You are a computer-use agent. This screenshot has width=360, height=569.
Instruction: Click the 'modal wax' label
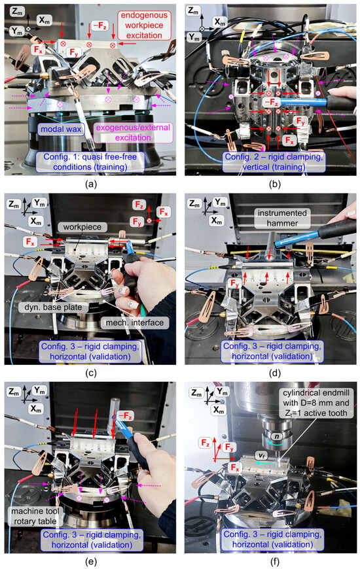point(61,129)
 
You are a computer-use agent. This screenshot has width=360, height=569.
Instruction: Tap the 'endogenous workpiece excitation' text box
point(144,25)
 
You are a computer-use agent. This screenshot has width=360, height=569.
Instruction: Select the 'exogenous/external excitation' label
point(133,133)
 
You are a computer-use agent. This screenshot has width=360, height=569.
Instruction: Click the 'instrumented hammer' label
point(282,218)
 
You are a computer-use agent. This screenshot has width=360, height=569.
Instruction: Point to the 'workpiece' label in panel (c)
point(82,227)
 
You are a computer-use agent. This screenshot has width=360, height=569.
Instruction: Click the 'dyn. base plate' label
point(54,307)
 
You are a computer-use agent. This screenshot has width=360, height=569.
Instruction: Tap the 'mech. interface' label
point(135,322)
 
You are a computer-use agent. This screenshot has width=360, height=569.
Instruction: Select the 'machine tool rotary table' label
point(35,516)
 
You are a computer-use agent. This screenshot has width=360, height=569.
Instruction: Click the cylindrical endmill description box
point(316,403)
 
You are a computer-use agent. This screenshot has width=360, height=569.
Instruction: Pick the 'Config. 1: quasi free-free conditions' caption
point(90,162)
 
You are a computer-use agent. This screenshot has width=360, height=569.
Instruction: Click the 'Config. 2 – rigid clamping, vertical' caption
point(274,162)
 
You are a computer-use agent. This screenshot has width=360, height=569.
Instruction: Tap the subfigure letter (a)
point(90,184)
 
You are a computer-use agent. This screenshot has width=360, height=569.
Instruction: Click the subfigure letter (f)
point(275,562)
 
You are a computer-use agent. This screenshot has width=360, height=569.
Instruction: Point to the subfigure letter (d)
point(275,373)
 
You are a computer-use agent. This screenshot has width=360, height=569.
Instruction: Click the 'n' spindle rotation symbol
point(277,436)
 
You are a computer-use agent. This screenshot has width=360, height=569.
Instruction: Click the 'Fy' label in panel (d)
point(235,283)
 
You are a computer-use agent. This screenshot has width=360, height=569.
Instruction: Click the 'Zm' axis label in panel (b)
point(194,10)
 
